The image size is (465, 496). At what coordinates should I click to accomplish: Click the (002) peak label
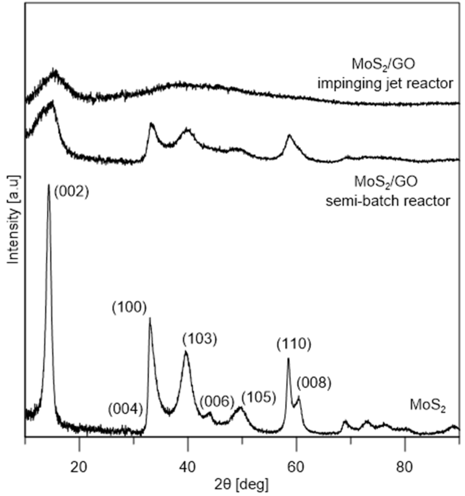point(71,192)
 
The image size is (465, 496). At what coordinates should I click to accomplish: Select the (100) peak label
point(129,308)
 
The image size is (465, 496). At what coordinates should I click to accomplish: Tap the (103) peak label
point(199,339)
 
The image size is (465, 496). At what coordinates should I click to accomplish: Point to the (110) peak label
point(294,344)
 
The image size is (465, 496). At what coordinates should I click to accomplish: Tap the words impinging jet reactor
point(385,84)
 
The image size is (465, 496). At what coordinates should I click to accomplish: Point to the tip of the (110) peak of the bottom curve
point(288,359)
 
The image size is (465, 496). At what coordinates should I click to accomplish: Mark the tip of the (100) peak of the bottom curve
point(150,318)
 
